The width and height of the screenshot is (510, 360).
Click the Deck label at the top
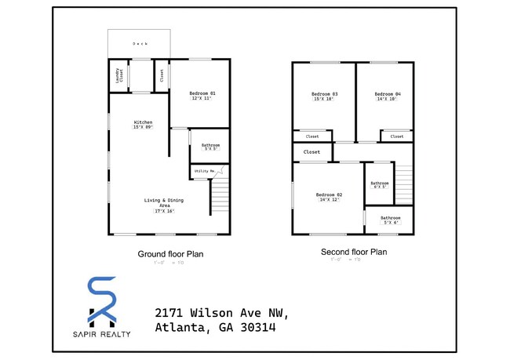139,44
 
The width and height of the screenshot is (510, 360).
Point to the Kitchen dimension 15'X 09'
143,127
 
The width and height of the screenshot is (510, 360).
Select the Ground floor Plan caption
170,253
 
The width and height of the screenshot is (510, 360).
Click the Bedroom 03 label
325,93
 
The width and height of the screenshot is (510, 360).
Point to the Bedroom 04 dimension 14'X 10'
387,99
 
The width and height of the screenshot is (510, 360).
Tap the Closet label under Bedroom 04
397,136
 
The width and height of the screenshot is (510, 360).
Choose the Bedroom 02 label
330,194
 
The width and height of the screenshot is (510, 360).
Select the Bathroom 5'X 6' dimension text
391,223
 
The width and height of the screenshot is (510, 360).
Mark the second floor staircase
403,184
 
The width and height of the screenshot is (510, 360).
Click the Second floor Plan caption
353,253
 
